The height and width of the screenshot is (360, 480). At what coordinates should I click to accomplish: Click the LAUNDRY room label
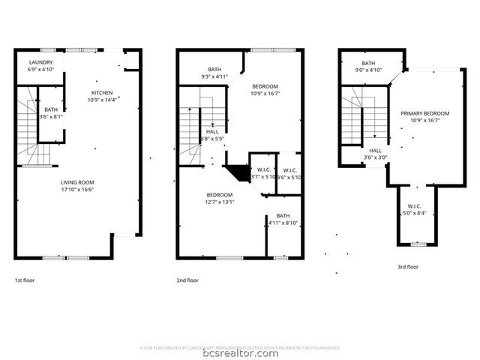tap(41, 62)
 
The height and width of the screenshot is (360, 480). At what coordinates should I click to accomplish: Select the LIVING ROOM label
tap(77, 181)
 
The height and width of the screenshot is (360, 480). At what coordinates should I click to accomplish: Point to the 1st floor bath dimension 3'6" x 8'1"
tap(51, 116)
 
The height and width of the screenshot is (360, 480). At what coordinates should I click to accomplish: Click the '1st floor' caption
tap(24, 280)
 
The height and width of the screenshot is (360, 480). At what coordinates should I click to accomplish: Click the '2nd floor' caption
tap(187, 280)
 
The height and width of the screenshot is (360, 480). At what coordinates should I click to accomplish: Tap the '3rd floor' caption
tap(408, 266)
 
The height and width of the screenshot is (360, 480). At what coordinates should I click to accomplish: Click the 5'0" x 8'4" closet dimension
tap(414, 213)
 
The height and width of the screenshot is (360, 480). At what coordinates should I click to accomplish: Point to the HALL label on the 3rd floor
tap(376, 150)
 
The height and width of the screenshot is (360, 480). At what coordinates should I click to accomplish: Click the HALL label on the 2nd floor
tap(212, 131)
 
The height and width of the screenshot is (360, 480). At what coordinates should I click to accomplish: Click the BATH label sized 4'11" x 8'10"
tap(283, 216)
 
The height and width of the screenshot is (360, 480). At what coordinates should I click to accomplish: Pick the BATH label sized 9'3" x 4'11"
tap(214, 70)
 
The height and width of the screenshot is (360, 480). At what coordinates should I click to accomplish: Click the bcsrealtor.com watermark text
tap(240, 353)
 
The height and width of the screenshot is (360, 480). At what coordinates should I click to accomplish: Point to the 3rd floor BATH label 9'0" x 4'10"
tap(368, 63)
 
